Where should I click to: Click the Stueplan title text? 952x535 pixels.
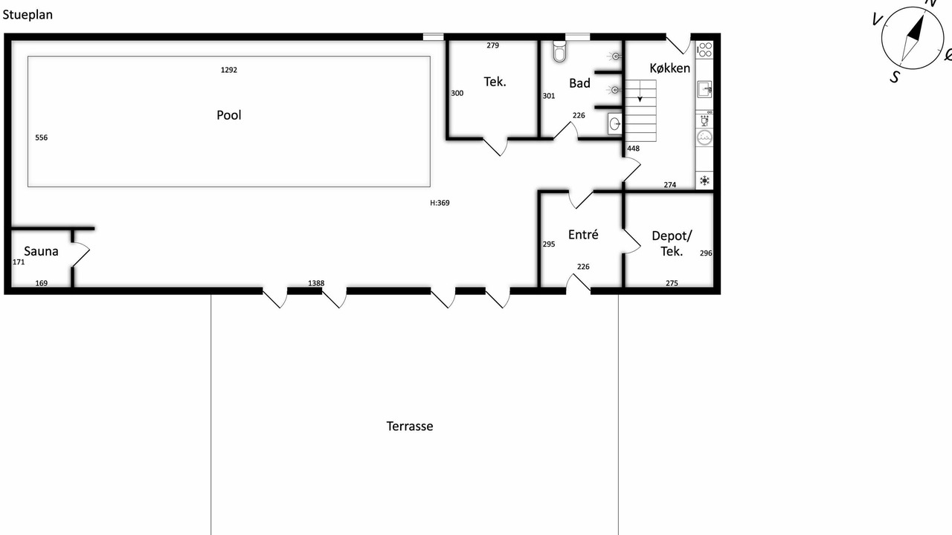click(28, 15)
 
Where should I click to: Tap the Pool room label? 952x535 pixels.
click(228, 115)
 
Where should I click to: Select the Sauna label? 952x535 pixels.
click(41, 251)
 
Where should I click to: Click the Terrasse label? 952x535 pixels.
click(410, 427)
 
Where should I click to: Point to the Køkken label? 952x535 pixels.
click(670, 68)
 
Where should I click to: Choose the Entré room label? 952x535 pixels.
click(583, 234)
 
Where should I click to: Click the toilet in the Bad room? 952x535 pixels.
click(560, 51)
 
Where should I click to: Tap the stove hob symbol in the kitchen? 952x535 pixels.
click(704, 50)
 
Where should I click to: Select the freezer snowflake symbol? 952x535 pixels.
click(704, 181)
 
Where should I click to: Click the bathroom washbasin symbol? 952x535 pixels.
click(614, 124)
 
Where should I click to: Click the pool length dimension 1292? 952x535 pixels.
click(228, 70)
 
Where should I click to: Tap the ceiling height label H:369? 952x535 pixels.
click(440, 203)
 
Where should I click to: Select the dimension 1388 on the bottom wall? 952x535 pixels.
click(316, 283)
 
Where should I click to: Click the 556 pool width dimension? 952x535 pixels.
click(41, 137)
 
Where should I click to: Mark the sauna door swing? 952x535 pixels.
click(82, 254)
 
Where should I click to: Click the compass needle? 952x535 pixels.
click(912, 39)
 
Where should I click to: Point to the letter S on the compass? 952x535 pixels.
click(895, 77)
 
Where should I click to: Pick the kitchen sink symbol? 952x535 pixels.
click(704, 89)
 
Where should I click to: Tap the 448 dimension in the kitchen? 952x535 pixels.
click(633, 149)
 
